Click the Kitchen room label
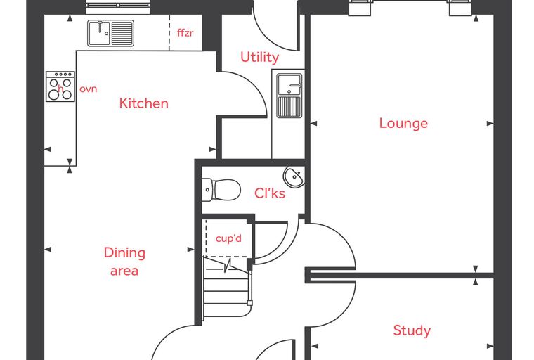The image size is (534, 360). coord(144,103)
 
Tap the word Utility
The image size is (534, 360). coord(259,57)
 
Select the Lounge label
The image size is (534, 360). coord(403,123)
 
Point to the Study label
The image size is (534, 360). coord(412,330)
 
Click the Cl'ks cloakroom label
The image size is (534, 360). coord(270,193)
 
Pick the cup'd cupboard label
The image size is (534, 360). coord(228,238)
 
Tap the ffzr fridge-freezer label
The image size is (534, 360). coord(185,33)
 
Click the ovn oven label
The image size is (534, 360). coord(89,89)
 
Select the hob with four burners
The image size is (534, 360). coord(60,86)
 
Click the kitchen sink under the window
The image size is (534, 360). coord(111,33)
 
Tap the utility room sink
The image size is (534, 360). coord(289,95)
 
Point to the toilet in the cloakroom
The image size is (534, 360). coord(221,190)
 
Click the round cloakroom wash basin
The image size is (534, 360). coord(294,177)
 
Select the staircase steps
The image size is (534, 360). coord(226,288)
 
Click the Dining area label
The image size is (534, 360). coord(124,262)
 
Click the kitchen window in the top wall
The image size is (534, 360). coord(118,7)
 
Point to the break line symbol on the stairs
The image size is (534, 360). coord(228,266)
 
